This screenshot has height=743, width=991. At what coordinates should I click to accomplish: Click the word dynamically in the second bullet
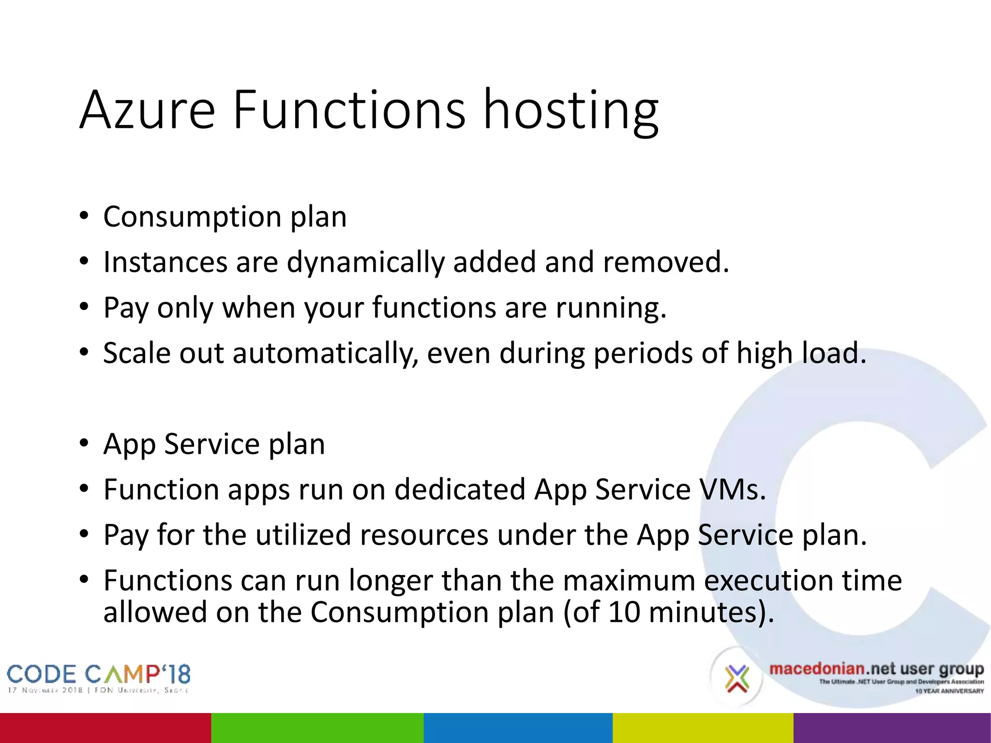click(365, 263)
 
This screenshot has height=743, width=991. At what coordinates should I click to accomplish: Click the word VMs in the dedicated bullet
click(733, 490)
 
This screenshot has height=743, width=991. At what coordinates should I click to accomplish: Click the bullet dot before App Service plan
click(84, 444)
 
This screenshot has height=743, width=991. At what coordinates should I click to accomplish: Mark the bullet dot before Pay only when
click(84, 307)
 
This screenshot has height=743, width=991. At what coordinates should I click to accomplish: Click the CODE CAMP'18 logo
click(98, 678)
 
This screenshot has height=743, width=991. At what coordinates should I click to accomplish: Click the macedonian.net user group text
click(876, 669)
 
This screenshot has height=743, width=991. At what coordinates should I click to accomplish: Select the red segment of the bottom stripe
click(105, 728)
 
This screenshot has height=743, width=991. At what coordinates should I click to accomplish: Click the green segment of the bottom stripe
click(317, 728)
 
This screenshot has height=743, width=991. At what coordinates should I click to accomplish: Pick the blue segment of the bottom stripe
click(518, 728)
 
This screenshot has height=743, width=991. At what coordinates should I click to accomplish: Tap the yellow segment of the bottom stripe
click(703, 728)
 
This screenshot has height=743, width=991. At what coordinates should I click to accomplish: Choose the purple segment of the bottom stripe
click(892, 728)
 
